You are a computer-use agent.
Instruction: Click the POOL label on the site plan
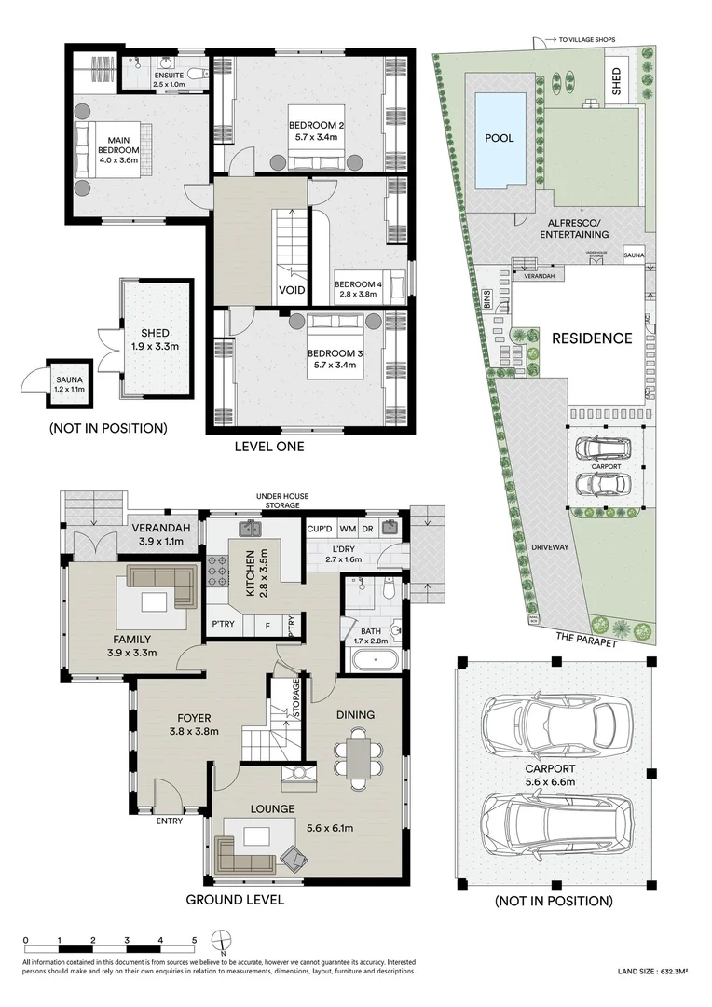tap(499, 138)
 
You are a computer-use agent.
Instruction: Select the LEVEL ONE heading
tap(270, 447)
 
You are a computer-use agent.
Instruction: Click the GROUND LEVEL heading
tap(235, 900)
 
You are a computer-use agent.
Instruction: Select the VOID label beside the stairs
tap(292, 290)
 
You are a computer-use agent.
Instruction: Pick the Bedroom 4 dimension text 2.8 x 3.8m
tap(358, 295)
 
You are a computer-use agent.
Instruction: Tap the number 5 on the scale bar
tap(194, 940)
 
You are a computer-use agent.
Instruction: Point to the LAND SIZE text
tap(653, 973)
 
